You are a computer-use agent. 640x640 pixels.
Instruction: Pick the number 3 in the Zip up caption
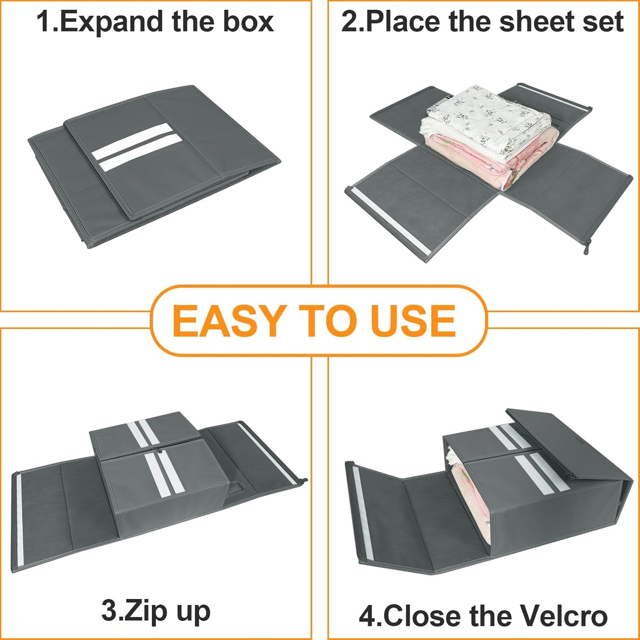click(109, 611)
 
